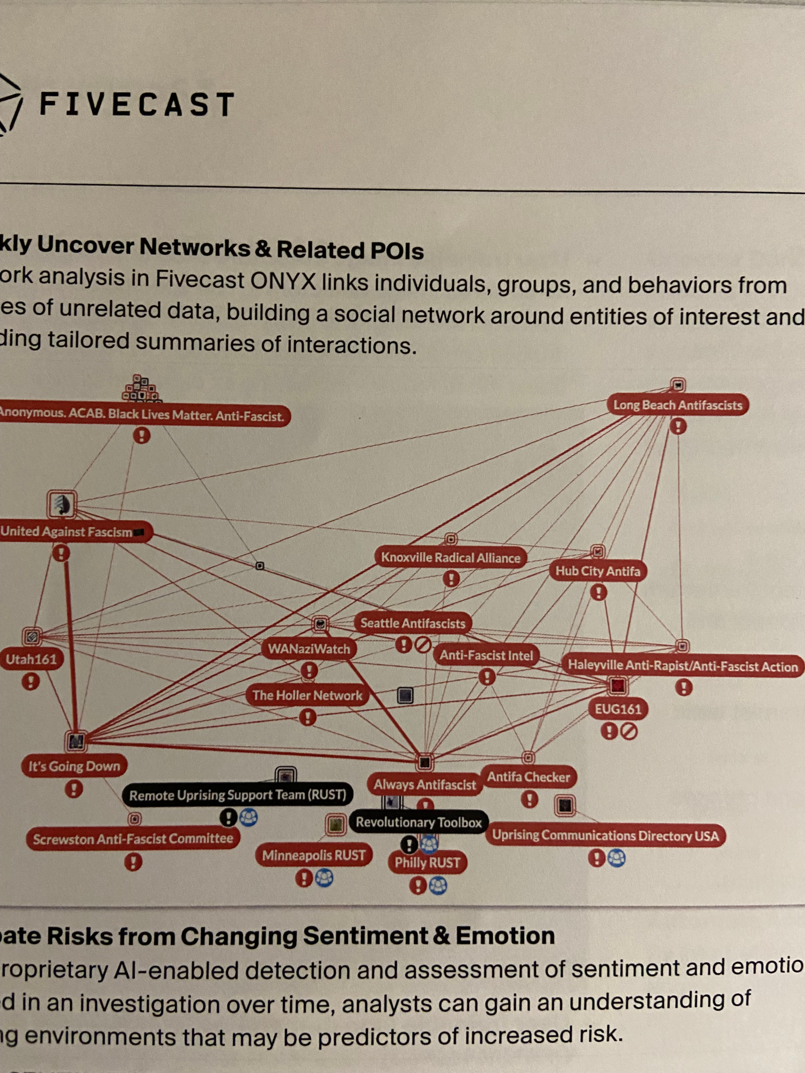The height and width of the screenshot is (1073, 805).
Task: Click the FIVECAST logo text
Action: pyautogui.click(x=137, y=104)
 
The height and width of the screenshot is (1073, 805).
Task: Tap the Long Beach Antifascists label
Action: pyautogui.click(x=677, y=405)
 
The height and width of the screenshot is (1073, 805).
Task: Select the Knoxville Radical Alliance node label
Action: pyautogui.click(x=450, y=557)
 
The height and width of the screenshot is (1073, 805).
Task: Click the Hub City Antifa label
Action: pyautogui.click(x=597, y=571)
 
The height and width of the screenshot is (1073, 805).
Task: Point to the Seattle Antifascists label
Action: pyautogui.click(x=412, y=623)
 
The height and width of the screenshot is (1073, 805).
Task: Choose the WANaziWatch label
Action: pyautogui.click(x=309, y=649)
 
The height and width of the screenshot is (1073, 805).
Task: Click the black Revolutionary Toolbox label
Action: pyautogui.click(x=419, y=822)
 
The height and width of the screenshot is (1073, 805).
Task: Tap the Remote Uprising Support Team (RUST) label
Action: pyautogui.click(x=237, y=795)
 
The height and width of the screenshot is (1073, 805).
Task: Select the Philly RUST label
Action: pyautogui.click(x=427, y=862)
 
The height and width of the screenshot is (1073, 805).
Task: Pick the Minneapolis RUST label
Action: pyautogui.click(x=313, y=855)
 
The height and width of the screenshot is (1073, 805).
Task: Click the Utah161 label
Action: pyautogui.click(x=31, y=659)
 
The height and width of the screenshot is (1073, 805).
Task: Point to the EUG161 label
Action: pyautogui.click(x=618, y=709)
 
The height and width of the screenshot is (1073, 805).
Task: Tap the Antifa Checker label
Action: pyautogui.click(x=528, y=776)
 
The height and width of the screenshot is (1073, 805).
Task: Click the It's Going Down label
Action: pyautogui.click(x=74, y=766)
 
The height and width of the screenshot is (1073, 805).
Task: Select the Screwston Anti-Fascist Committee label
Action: pyautogui.click(x=133, y=839)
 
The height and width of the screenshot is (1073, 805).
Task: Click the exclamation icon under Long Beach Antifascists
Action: pyautogui.click(x=678, y=427)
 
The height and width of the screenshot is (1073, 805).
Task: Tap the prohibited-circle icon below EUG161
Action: pyautogui.click(x=628, y=731)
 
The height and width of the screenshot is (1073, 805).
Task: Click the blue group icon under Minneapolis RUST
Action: pyautogui.click(x=324, y=878)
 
